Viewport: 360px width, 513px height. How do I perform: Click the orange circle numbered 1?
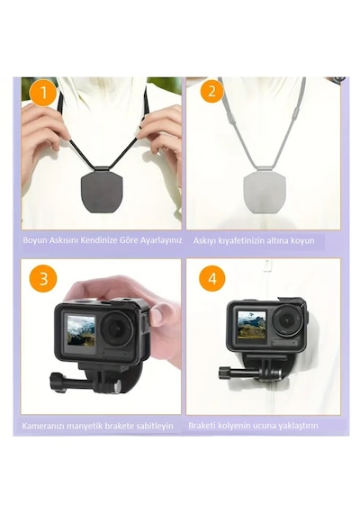43,93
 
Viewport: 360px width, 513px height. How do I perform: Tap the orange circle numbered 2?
211,90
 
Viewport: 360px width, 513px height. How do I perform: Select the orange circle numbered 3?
43,279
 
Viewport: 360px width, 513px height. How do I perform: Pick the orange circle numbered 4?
212,278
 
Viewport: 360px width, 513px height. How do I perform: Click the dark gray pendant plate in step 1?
101,190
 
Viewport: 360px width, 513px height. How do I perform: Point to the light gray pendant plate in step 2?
265,191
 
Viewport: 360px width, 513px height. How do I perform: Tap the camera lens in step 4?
288,319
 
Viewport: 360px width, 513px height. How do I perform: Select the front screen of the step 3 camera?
80,333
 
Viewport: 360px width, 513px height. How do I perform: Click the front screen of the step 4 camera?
251,325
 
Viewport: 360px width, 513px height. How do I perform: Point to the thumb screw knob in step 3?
56,382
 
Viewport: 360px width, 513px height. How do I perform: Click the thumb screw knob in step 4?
223,373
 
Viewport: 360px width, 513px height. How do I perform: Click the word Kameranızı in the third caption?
43,426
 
